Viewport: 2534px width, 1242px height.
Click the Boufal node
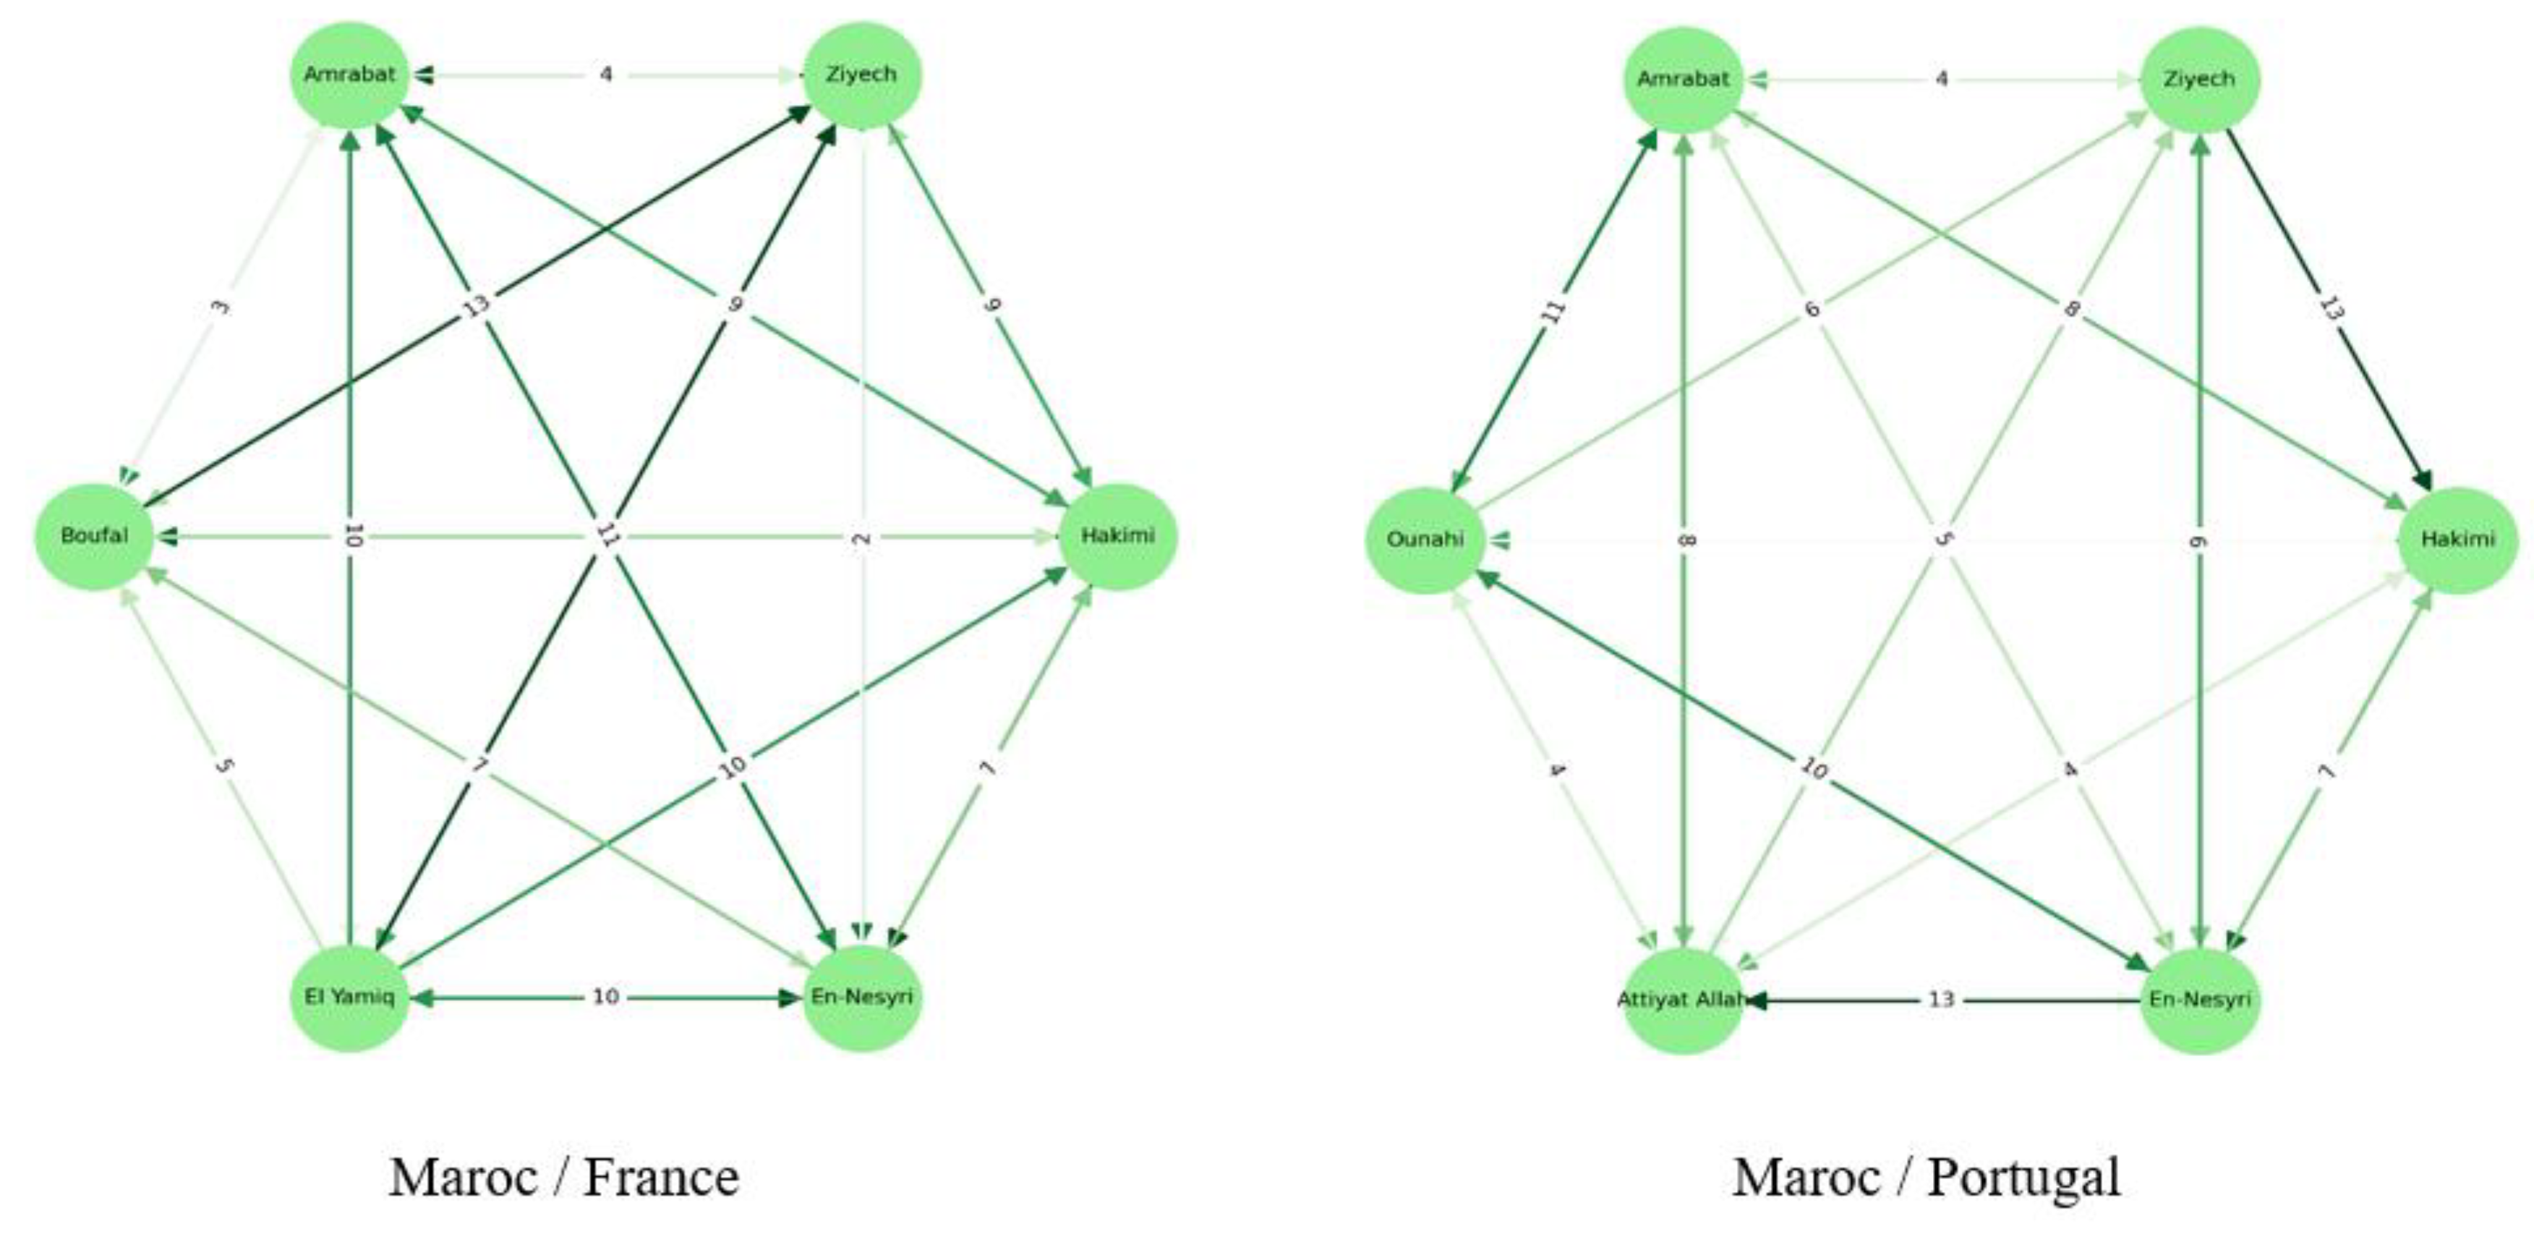click(95, 536)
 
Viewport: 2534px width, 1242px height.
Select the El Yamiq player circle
click(349, 997)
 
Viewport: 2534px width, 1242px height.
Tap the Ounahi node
click(1425, 540)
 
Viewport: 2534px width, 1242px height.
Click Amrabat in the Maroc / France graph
click(349, 75)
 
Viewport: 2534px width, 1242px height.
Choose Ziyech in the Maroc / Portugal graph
click(2200, 80)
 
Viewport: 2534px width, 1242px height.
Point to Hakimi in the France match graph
click(1117, 536)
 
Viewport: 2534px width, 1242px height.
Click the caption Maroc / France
click(563, 1177)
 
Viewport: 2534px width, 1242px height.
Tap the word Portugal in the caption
click(2023, 1177)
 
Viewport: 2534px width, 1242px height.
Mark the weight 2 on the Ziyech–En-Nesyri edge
click(862, 538)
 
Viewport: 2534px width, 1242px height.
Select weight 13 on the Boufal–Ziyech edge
click(476, 306)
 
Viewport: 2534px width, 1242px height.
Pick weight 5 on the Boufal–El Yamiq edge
click(224, 765)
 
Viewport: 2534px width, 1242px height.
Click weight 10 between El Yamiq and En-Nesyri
click(605, 997)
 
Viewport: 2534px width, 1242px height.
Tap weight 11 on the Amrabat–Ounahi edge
click(1552, 311)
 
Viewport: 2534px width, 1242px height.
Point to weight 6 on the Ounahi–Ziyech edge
click(1812, 309)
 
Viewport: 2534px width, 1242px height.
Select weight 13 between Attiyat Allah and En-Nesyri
click(1941, 1000)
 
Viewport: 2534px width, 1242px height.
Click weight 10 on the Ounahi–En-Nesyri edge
click(1812, 767)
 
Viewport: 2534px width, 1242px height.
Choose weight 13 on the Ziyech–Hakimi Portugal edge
click(2330, 309)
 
